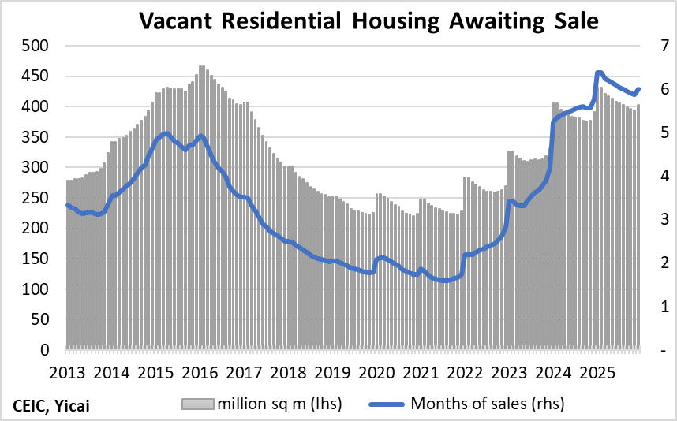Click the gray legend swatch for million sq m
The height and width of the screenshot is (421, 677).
click(x=198, y=404)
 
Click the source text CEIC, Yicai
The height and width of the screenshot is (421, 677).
click(x=51, y=406)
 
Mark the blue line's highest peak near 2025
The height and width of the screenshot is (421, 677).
click(x=599, y=73)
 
